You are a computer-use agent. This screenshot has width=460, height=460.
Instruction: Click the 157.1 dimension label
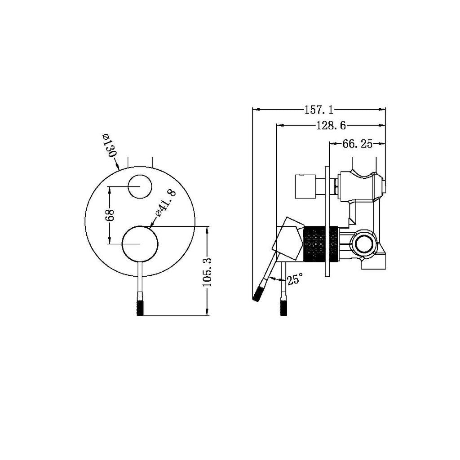(x=319, y=109)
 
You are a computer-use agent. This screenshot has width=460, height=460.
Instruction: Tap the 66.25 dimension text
(x=358, y=144)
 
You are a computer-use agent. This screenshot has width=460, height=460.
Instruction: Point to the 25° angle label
(x=295, y=280)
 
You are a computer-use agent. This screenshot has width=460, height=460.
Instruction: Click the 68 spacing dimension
(x=110, y=215)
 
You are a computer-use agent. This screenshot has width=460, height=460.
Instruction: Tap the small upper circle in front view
(x=139, y=186)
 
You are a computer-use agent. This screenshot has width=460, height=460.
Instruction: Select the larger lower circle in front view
(x=140, y=243)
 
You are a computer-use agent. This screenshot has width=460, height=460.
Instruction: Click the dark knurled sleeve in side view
(x=321, y=243)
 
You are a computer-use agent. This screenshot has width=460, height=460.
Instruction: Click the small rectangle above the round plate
(x=140, y=161)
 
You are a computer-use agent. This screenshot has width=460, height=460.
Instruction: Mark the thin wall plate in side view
(x=327, y=220)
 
